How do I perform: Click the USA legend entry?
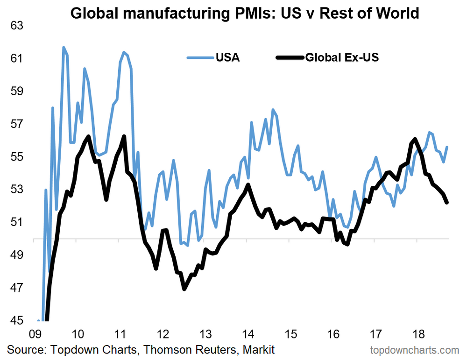tap(213, 58)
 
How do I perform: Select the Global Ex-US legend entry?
tap(327, 58)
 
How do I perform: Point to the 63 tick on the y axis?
tap(17, 26)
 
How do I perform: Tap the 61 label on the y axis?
tap(17, 58)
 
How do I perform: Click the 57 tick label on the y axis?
tap(17, 124)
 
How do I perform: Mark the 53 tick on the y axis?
tap(17, 190)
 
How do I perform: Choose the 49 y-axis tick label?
tap(17, 255)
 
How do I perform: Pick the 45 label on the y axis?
tap(17, 320)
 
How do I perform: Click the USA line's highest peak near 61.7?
tap(64, 47)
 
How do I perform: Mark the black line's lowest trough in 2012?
tap(184, 289)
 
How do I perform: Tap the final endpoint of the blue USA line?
tap(447, 147)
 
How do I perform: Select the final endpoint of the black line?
tap(447, 202)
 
